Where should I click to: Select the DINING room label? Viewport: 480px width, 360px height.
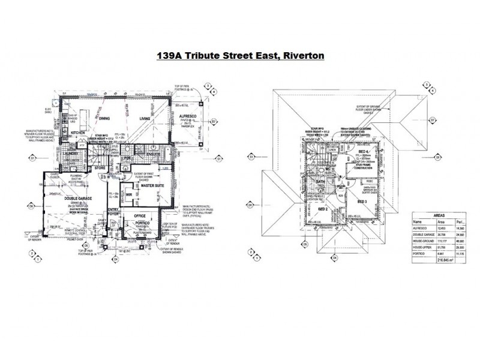(x=106, y=119)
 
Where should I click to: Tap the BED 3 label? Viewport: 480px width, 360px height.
(x=361, y=202)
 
